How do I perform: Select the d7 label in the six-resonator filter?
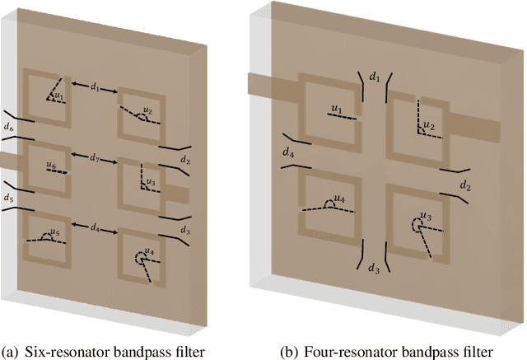96,156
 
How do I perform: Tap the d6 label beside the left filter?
9,128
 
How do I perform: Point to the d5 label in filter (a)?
9,198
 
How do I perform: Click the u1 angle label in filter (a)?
58,97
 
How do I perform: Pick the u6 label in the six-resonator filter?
52,166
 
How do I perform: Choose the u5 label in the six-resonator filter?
57,233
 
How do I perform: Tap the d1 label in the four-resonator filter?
375,76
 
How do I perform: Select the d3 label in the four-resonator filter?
374,269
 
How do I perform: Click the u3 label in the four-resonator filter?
425,217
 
